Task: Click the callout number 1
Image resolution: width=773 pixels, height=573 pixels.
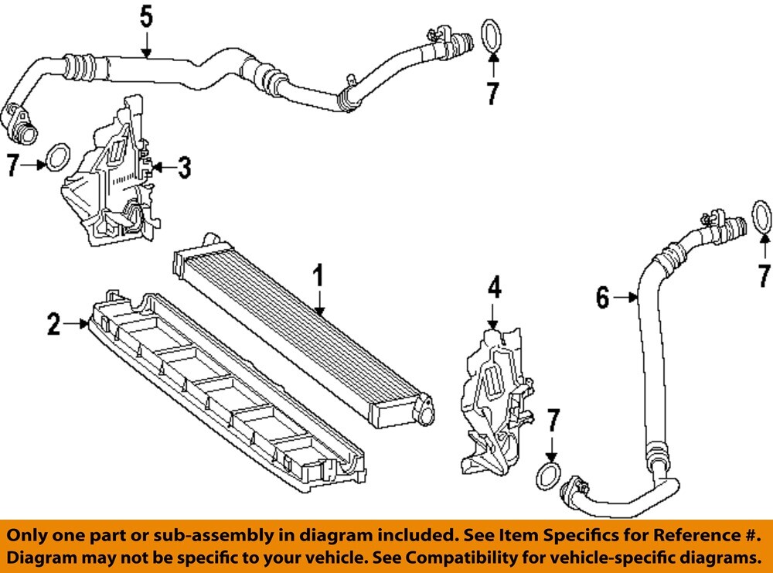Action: click(317, 275)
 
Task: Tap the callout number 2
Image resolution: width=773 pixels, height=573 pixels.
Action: click(53, 325)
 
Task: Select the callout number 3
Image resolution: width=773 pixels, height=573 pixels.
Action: click(184, 167)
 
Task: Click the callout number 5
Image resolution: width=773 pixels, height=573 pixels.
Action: click(146, 15)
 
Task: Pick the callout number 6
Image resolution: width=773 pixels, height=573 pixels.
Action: click(604, 296)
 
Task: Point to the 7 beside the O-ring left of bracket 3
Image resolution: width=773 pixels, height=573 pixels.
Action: click(12, 165)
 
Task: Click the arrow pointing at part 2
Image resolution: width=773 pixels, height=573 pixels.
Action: click(78, 325)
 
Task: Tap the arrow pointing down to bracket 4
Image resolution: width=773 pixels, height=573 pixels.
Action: click(494, 315)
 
